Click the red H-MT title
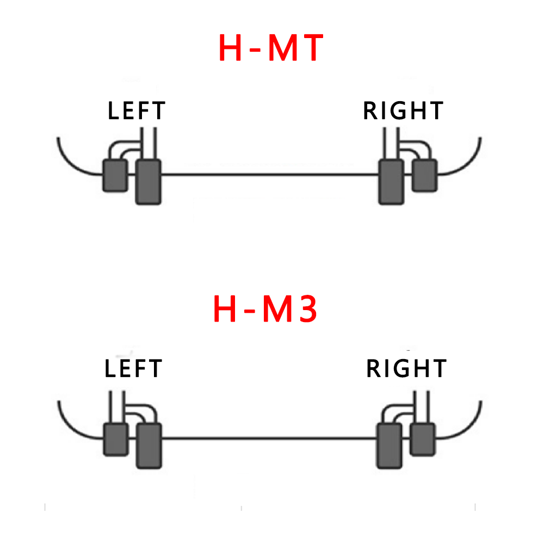click(271, 48)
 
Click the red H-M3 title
click(265, 308)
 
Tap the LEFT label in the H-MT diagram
click(136, 111)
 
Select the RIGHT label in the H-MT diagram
click(403, 111)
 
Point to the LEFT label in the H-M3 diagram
click(133, 369)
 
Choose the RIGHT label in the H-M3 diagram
click(406, 369)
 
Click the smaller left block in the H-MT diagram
click(115, 175)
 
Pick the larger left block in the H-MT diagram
click(148, 182)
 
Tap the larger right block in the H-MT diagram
click(391, 182)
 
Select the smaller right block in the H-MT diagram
click(424, 175)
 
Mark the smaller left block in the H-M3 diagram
click(115, 440)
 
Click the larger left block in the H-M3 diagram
click(150, 446)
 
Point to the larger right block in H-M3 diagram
click(390, 446)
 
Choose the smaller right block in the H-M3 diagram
click(423, 440)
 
